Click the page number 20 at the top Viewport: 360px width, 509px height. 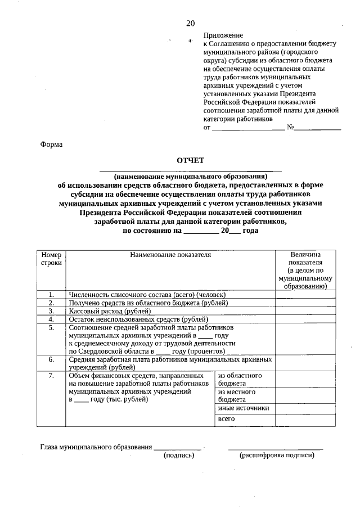tap(190, 23)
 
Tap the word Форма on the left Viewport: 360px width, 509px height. tap(51, 145)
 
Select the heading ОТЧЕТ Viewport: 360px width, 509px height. tap(190, 160)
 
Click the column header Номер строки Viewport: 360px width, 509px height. tap(51, 259)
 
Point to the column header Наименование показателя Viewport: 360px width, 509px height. tap(170, 255)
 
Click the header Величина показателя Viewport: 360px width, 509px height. tap(305, 270)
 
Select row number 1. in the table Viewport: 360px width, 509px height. tap(51, 294)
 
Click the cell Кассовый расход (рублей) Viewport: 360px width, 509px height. tap(110, 310)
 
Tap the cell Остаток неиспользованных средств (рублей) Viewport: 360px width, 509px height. tap(135, 319)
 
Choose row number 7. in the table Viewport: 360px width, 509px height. tap(51, 375)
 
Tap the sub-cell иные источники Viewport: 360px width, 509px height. tap(243, 408)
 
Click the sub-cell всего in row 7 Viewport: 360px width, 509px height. tap(226, 419)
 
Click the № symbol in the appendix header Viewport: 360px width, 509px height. tap(291, 128)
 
